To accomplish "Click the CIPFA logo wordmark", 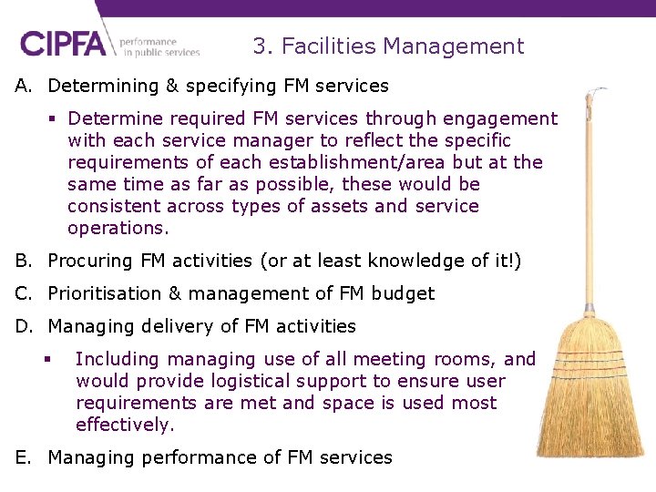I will (67, 44).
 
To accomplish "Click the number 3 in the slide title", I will (260, 46).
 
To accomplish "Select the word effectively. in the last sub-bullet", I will (124, 425).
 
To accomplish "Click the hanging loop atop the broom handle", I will (594, 93).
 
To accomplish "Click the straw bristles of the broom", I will (591, 401).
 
